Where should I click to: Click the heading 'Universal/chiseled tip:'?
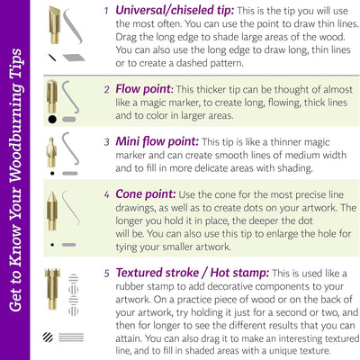click(x=175, y=11)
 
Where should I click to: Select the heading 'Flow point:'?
click(x=144, y=89)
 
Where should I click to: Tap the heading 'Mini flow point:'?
click(x=157, y=141)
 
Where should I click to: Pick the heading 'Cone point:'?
click(x=146, y=194)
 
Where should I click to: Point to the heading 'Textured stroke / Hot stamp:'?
click(x=193, y=273)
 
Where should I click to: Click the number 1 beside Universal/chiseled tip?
click(x=106, y=11)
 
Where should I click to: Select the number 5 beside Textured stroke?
click(x=107, y=274)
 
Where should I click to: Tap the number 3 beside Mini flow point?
click(x=107, y=142)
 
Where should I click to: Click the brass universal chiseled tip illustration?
click(x=55, y=25)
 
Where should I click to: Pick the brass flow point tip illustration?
click(x=52, y=96)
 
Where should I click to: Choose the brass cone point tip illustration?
click(x=52, y=211)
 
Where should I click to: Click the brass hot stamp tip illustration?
click(x=52, y=289)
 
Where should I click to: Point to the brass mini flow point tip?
click(x=51, y=152)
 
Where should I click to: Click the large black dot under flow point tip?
click(x=52, y=120)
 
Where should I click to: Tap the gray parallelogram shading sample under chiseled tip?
click(x=74, y=58)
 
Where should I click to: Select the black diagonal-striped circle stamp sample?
click(x=48, y=337)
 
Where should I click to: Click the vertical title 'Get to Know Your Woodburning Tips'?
click(x=15, y=180)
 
